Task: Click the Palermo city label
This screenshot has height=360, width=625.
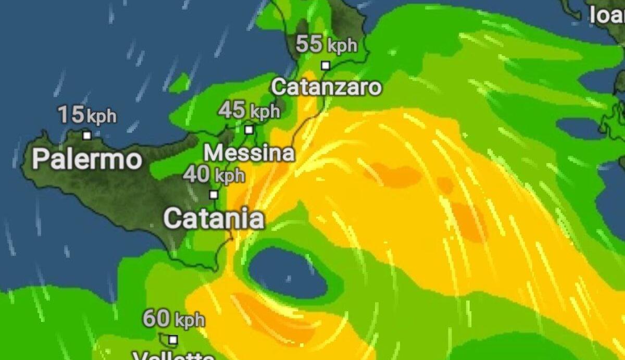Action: pyautogui.click(x=86, y=159)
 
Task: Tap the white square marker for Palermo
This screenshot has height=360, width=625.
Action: pyautogui.click(x=87, y=135)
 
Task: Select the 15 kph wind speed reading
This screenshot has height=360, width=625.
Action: pyautogui.click(x=86, y=115)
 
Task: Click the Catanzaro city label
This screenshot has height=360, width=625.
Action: pyautogui.click(x=326, y=86)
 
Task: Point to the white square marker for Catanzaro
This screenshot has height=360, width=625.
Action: pyautogui.click(x=326, y=66)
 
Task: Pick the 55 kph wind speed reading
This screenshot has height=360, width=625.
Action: pyautogui.click(x=327, y=45)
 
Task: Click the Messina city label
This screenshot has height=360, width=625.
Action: pyautogui.click(x=249, y=153)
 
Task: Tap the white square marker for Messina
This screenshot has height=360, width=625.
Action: pyautogui.click(x=249, y=130)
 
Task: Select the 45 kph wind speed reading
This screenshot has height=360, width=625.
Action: pyautogui.click(x=249, y=110)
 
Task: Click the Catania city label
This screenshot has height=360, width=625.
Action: pyautogui.click(x=214, y=219)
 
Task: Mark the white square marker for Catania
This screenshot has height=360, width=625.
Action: pyautogui.click(x=214, y=195)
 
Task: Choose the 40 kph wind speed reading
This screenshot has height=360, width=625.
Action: pyautogui.click(x=214, y=175)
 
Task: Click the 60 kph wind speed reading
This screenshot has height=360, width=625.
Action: pyautogui.click(x=173, y=319)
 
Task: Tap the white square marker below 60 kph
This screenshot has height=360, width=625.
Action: pyautogui.click(x=173, y=340)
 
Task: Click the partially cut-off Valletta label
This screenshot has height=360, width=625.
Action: pyautogui.click(x=173, y=356)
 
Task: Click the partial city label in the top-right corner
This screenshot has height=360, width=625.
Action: pyautogui.click(x=607, y=16)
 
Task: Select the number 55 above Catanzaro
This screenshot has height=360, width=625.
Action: pyautogui.click(x=309, y=44)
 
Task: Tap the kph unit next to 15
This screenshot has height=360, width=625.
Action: pyautogui.click(x=101, y=116)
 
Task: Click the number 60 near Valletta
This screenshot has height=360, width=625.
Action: pyautogui.click(x=156, y=318)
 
